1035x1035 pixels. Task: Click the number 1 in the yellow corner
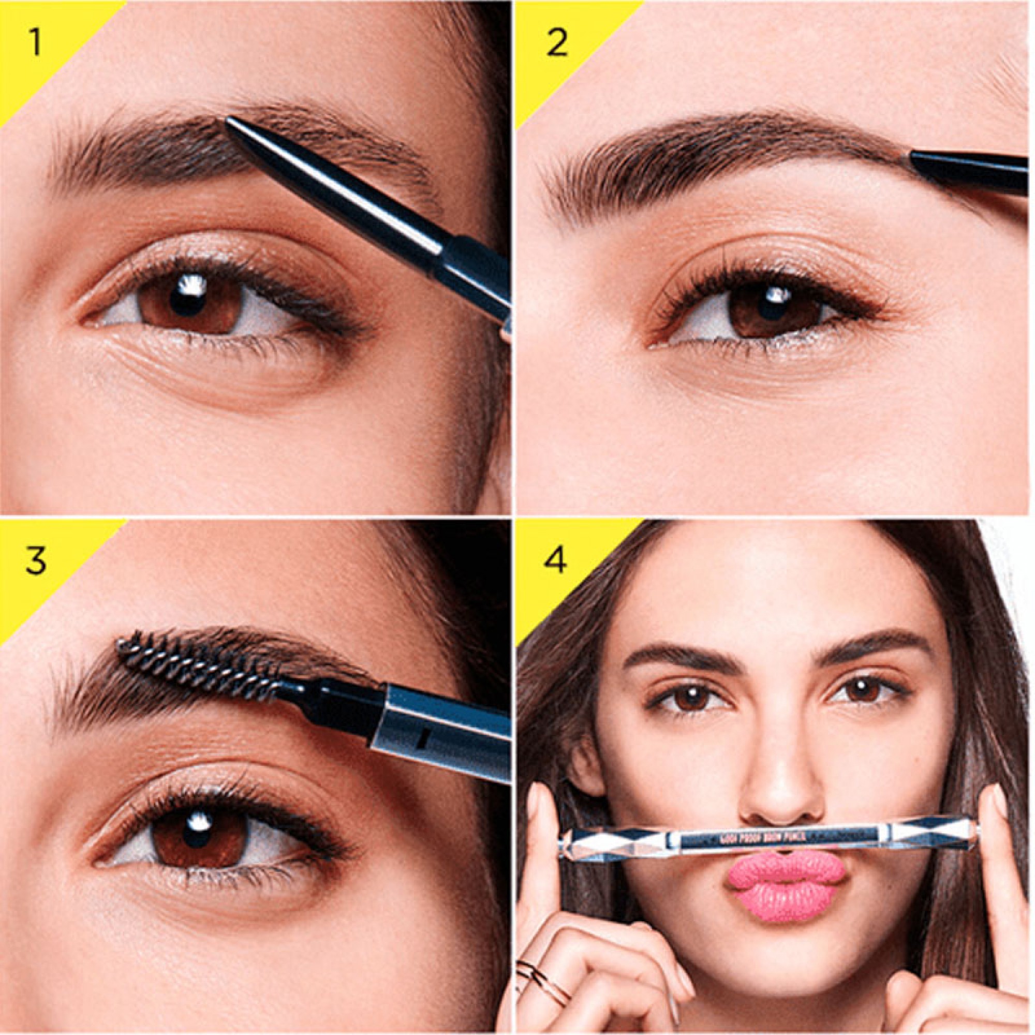click(x=34, y=43)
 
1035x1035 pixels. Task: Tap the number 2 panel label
click(x=557, y=43)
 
